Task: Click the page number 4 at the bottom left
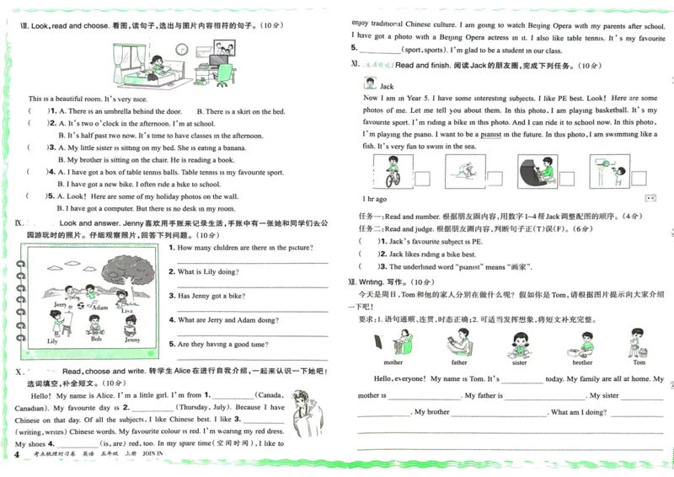(x=17, y=455)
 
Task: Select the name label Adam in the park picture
(x=100, y=308)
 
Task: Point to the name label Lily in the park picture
(x=52, y=341)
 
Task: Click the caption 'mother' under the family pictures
(x=393, y=362)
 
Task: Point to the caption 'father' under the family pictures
(x=459, y=362)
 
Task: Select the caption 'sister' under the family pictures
(x=520, y=362)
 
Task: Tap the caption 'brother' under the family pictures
(x=582, y=362)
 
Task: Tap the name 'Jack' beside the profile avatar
(x=387, y=86)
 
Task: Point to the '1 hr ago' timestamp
(x=375, y=199)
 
